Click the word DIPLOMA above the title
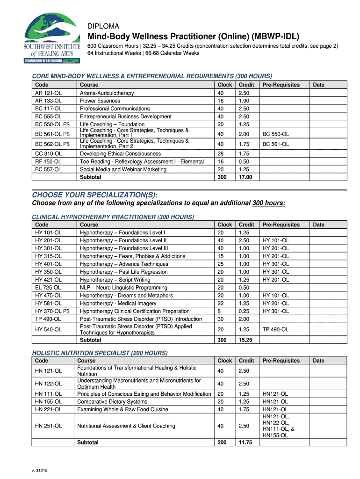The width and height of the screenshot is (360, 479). (103, 26)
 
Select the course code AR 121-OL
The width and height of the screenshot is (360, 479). (49, 93)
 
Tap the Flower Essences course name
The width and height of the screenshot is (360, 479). (100, 101)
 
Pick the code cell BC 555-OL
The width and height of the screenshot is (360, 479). (49, 116)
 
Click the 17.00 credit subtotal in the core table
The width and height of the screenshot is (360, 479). (245, 177)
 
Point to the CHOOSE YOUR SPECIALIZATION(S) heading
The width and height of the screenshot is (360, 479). (94, 195)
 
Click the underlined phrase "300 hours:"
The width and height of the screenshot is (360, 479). (268, 203)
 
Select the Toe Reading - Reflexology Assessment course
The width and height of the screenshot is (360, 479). (142, 161)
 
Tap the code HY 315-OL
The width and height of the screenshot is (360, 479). (49, 256)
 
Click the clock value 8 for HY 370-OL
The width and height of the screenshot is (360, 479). (219, 311)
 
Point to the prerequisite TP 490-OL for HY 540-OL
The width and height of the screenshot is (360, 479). (275, 330)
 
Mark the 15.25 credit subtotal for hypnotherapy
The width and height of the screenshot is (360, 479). (245, 340)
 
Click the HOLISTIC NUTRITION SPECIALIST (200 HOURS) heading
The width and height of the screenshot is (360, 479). (99, 353)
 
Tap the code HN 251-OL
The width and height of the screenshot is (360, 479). (49, 426)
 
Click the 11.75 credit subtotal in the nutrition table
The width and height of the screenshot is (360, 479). (245, 443)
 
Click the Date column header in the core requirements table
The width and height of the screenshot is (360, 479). (318, 85)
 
